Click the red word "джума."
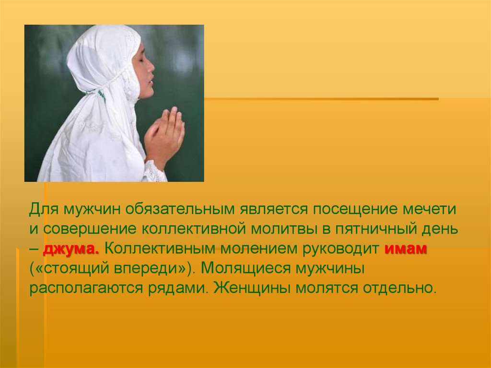click(71, 249)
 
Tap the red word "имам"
click(406, 249)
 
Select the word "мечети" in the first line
click(429, 209)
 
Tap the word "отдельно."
click(399, 288)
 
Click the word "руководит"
click(341, 249)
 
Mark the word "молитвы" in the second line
click(285, 229)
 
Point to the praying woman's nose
click(151, 67)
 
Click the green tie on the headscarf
click(101, 95)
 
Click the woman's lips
click(151, 82)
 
